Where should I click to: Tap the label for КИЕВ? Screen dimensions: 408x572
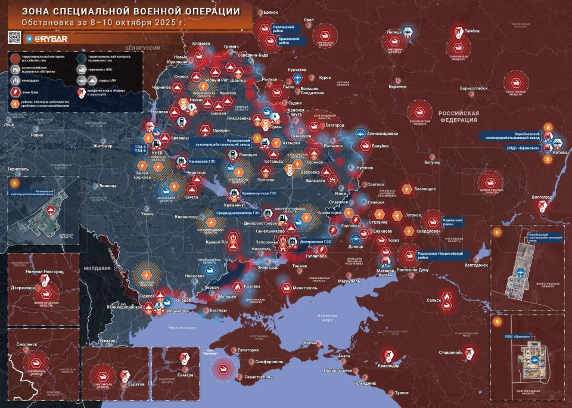point(158,153)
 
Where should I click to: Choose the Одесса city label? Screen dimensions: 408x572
point(147,295)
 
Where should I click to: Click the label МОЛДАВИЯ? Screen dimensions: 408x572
point(97,269)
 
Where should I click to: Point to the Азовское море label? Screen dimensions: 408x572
point(327,317)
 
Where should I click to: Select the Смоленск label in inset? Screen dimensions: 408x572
point(23,344)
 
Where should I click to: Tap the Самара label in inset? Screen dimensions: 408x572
point(185,376)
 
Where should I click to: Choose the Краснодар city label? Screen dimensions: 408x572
point(389,365)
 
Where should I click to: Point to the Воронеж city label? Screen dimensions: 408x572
point(397,86)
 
